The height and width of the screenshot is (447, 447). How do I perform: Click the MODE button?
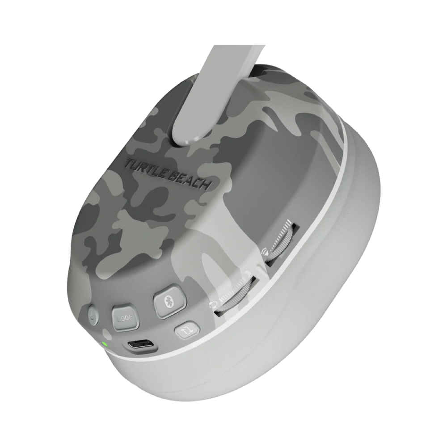pyautogui.click(x=126, y=318)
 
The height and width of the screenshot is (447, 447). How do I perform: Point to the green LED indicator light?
pyautogui.click(x=105, y=343)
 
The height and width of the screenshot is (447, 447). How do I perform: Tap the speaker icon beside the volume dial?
pyautogui.click(x=265, y=251)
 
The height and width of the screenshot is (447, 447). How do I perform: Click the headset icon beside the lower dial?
pyautogui.click(x=212, y=305)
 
